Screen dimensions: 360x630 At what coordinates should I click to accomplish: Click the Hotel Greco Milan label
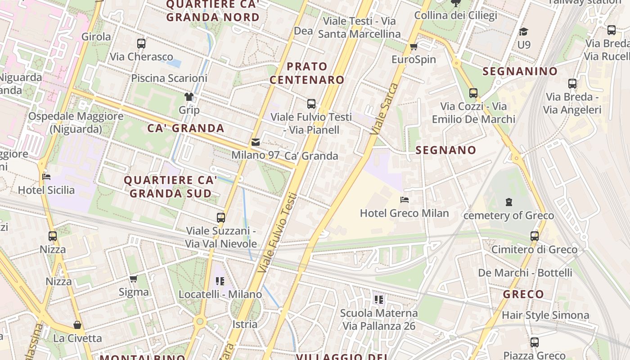404,213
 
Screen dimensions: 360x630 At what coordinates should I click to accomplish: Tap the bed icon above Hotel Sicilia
46,177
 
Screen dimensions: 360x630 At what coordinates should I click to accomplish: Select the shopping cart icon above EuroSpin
414,46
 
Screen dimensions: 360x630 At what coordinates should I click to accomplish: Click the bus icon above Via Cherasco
141,44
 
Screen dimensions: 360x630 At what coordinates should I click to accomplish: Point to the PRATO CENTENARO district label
307,73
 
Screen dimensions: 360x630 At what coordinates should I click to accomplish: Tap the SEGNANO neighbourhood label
445,150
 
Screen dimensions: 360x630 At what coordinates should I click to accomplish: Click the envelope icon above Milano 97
256,143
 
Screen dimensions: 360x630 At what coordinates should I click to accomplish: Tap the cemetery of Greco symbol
509,202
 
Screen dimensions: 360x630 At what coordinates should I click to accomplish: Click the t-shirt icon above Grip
189,97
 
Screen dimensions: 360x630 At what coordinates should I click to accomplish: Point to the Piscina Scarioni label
169,78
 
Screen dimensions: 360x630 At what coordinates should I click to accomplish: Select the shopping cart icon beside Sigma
133,279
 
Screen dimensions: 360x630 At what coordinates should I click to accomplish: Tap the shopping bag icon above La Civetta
77,325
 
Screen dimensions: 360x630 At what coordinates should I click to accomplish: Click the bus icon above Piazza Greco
534,342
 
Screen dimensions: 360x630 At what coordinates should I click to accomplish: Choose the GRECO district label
523,295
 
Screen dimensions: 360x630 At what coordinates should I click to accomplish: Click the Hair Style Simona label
545,315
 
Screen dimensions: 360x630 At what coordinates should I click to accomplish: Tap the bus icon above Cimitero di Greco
534,236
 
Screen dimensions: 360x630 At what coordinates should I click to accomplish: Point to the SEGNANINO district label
520,71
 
